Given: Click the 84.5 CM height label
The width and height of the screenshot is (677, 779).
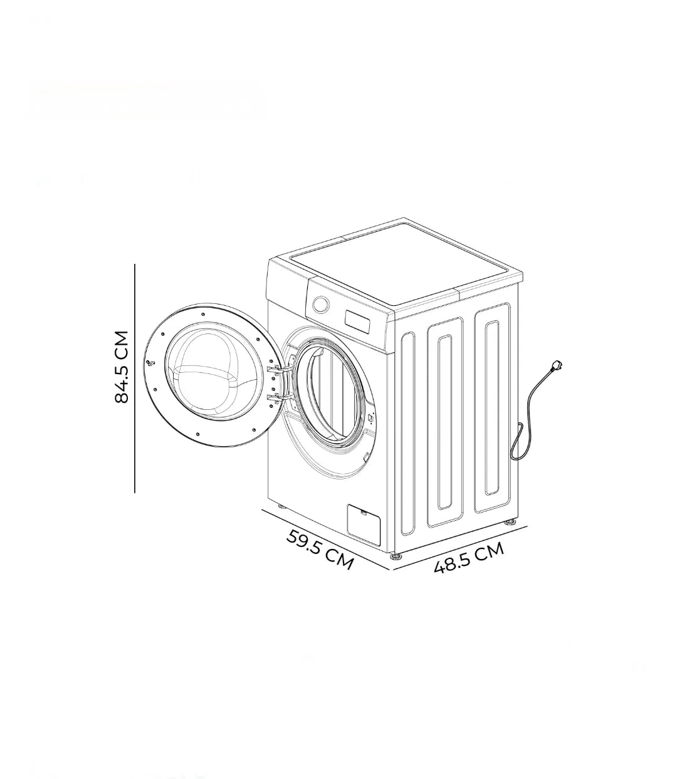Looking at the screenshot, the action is (x=122, y=367).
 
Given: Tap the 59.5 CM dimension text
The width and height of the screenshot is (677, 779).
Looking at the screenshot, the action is (x=320, y=549).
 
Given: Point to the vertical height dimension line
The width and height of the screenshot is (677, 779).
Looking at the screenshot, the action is (x=135, y=379).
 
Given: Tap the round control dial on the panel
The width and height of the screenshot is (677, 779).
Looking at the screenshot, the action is (x=320, y=304).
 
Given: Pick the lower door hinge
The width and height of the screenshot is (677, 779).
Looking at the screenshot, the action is (x=278, y=398).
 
